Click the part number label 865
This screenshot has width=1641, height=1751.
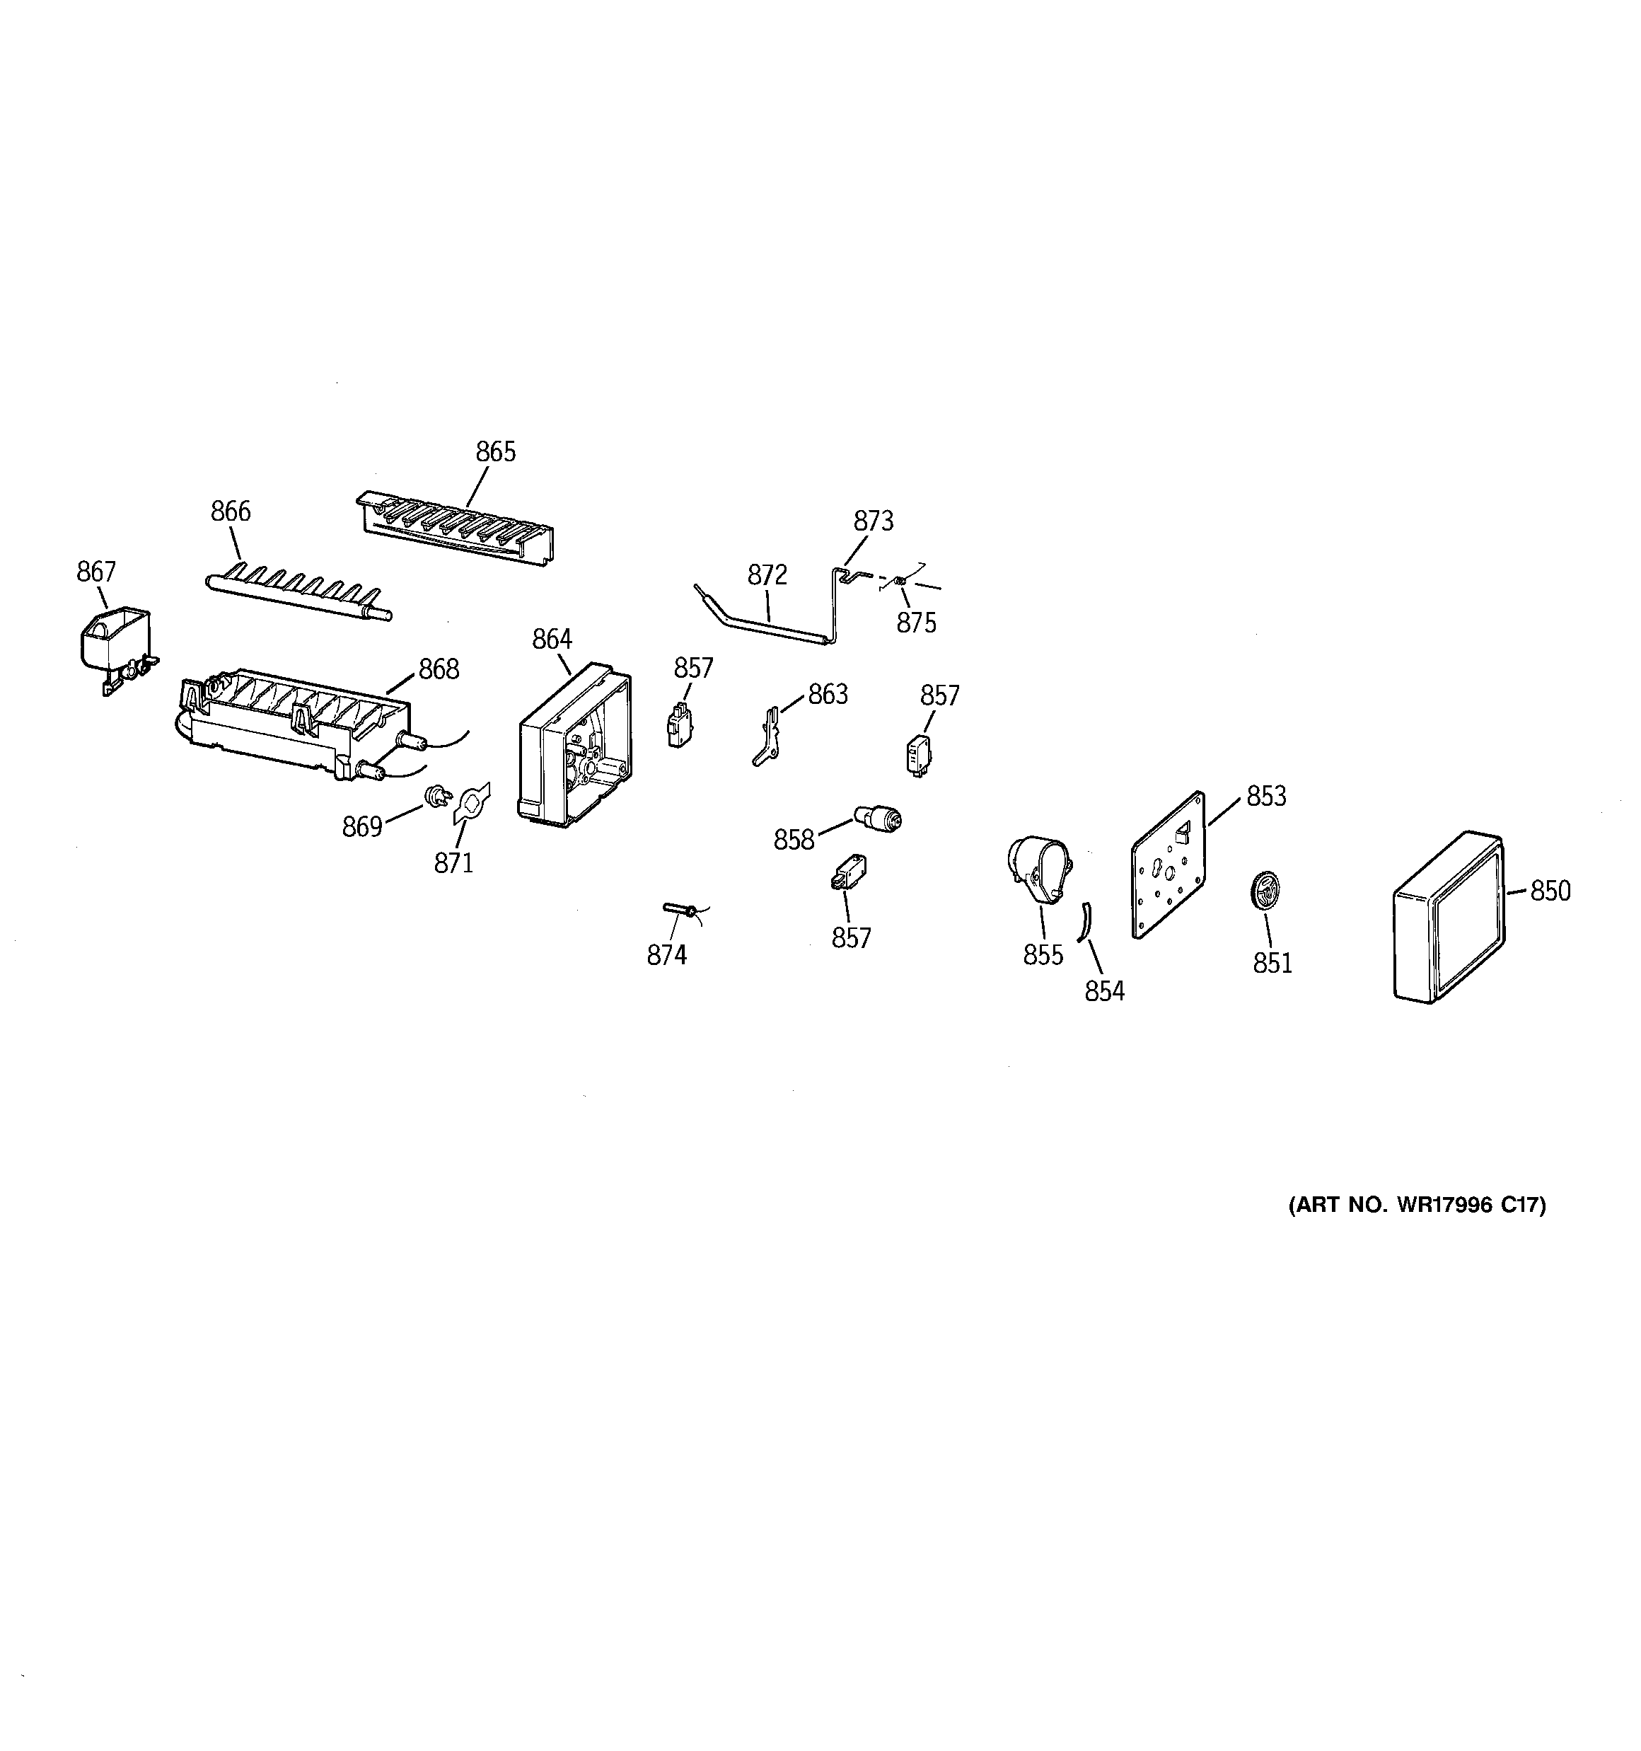495,452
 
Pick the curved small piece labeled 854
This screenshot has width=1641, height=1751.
1084,921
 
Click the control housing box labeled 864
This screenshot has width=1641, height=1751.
574,749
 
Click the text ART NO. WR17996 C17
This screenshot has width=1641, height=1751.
1416,1205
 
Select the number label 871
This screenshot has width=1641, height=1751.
453,863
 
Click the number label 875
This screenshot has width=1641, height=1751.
916,623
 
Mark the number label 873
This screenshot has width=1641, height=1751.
873,521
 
